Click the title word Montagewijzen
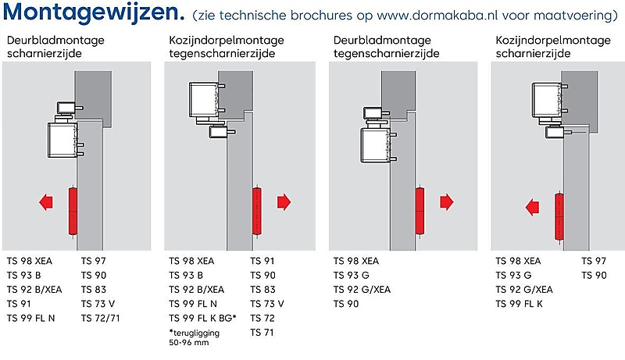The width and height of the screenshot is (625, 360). (x=94, y=12)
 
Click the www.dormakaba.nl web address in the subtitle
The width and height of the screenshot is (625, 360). (x=437, y=15)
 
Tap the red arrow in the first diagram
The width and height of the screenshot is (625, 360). (x=46, y=202)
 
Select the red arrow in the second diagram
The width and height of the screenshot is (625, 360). (x=284, y=202)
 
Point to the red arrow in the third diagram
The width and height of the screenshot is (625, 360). (x=447, y=202)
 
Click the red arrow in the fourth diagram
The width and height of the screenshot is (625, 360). (x=533, y=208)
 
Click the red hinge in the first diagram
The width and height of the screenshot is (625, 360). (x=73, y=211)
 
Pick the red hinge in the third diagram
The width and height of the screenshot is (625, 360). (x=420, y=211)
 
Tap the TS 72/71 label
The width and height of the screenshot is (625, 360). (x=101, y=318)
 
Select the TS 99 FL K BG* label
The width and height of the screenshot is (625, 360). (x=203, y=318)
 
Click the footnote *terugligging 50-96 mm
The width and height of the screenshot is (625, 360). (x=194, y=337)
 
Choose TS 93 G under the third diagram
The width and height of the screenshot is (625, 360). (x=352, y=275)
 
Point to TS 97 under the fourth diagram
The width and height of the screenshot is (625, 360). (x=594, y=261)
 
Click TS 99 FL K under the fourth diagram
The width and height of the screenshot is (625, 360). (x=519, y=304)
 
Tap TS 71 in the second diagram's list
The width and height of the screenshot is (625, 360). (x=262, y=333)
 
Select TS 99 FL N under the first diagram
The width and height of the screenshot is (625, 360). (x=30, y=318)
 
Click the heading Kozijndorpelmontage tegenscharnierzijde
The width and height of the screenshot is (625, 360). (x=227, y=47)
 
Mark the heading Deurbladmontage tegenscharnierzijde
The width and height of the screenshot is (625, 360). (x=387, y=47)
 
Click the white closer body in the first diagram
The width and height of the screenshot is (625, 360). (x=63, y=141)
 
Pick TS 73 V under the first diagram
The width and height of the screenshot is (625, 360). (x=98, y=304)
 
